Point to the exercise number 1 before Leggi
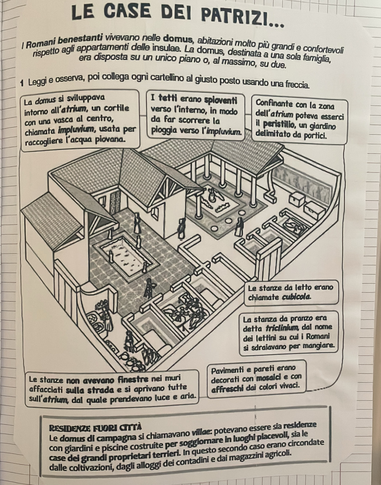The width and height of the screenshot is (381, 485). [22, 84]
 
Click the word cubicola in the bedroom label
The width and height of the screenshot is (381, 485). [296, 297]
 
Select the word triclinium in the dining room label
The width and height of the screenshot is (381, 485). [282, 327]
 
